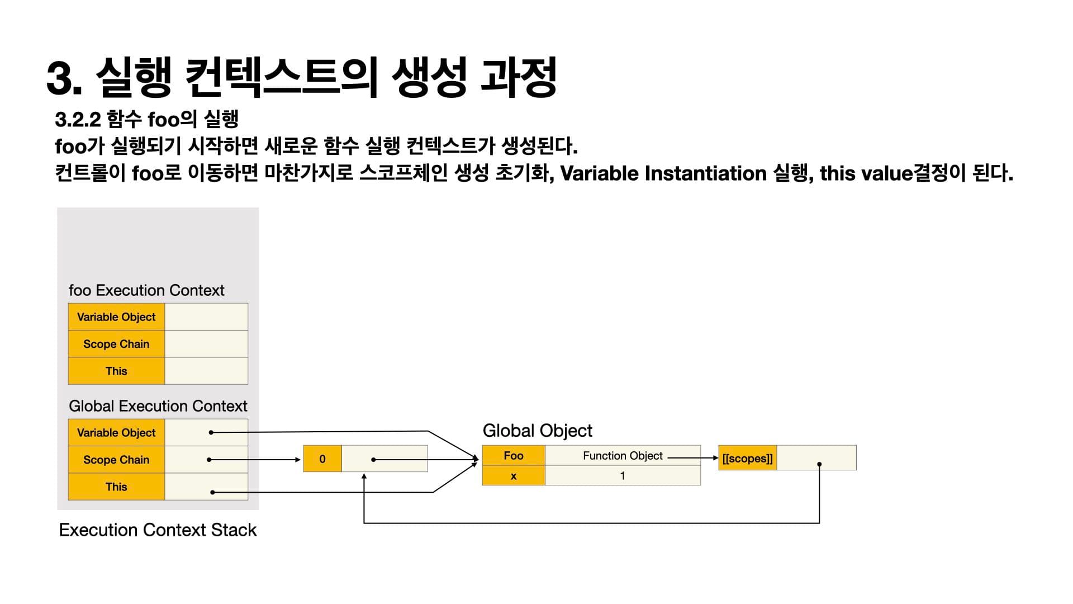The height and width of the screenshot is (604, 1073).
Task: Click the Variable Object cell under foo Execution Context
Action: [116, 317]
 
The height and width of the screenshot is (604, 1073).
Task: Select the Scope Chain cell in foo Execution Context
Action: [116, 344]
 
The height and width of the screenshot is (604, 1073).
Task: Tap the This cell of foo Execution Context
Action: [116, 371]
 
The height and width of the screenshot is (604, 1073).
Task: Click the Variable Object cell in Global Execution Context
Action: [116, 433]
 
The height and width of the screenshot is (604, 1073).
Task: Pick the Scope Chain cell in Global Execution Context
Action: [116, 460]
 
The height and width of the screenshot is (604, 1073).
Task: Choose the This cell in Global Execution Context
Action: [116, 487]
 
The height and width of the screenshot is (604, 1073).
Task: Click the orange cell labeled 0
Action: [322, 459]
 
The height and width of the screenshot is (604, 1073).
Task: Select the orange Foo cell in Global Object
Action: [513, 455]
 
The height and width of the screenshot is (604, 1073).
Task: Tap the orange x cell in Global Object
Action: [513, 476]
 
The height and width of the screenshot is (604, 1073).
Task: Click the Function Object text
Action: [623, 456]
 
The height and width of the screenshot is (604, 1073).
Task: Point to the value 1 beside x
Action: [623, 476]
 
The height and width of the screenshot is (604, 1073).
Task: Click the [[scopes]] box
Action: [747, 459]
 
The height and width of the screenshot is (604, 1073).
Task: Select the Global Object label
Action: [537, 431]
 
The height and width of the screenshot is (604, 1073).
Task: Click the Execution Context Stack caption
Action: [158, 530]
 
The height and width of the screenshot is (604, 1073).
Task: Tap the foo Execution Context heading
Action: [146, 290]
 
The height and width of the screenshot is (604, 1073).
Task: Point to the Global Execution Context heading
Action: [158, 406]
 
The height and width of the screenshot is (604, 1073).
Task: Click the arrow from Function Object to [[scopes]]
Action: [693, 457]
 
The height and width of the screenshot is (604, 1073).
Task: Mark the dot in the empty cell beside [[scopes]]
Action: [819, 464]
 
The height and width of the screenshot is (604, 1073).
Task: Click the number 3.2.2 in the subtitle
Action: [77, 119]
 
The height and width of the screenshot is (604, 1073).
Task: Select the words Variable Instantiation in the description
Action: [663, 173]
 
